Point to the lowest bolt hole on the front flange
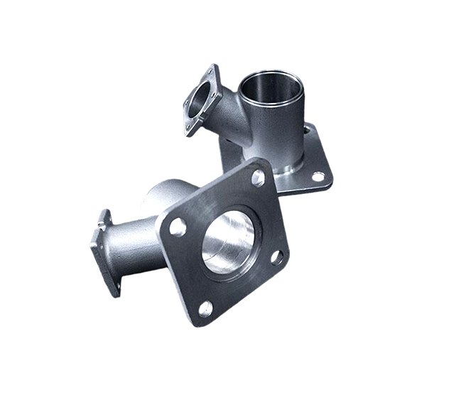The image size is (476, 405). (x=205, y=308)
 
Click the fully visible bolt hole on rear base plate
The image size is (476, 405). (x=318, y=175)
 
